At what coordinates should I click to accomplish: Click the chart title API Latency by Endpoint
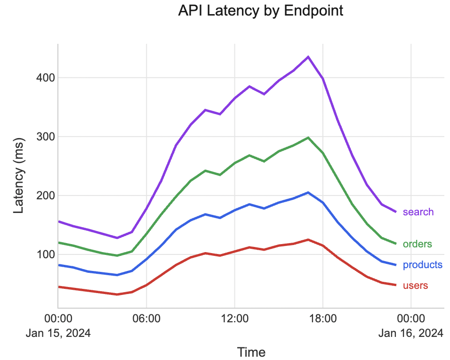pos(260,11)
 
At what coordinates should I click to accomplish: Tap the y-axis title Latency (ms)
pos(18,176)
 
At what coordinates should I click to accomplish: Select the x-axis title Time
pos(251,352)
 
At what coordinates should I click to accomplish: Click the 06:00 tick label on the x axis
pos(146,319)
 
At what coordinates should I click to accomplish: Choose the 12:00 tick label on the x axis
pos(234,319)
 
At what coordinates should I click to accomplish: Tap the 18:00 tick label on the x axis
pos(323,319)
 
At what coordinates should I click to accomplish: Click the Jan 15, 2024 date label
pos(58,333)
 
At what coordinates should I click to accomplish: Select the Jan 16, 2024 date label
pos(411,333)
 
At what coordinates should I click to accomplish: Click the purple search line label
pos(418,212)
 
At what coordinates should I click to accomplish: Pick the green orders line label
pos(418,244)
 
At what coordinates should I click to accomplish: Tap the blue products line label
pos(422,265)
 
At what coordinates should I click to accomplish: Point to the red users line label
pos(415,286)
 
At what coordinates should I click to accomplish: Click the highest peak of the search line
pos(308,57)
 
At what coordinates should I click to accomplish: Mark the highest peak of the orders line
pos(308,138)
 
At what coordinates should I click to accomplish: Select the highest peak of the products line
pos(308,192)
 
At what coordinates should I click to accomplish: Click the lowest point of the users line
pos(117,295)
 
